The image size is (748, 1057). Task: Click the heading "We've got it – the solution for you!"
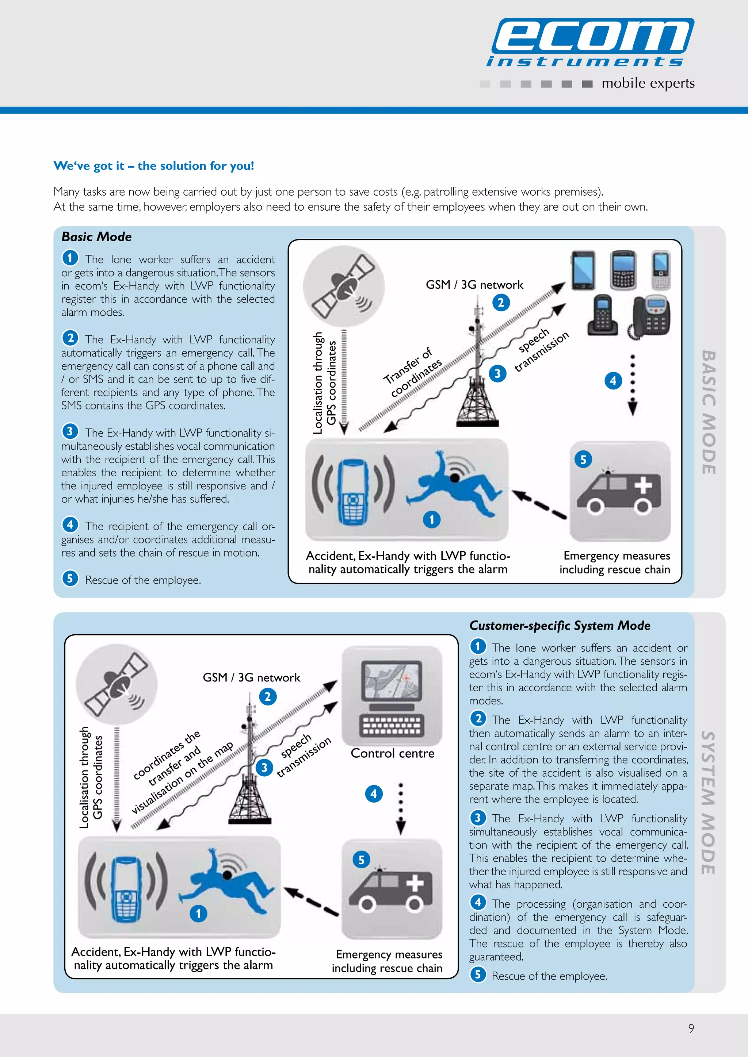pos(153,166)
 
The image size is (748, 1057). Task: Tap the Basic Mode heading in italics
pos(96,237)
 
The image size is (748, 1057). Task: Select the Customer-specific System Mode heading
pos(560,626)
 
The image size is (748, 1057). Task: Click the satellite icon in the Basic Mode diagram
pos(343,286)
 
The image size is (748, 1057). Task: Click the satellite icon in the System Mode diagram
pos(117,684)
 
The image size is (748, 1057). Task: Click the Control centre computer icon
pos(392,695)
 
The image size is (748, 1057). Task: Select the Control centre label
pos(392,753)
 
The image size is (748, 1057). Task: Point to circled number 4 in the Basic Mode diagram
pos(612,381)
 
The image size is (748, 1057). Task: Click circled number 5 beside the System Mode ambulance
pos(361,860)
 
